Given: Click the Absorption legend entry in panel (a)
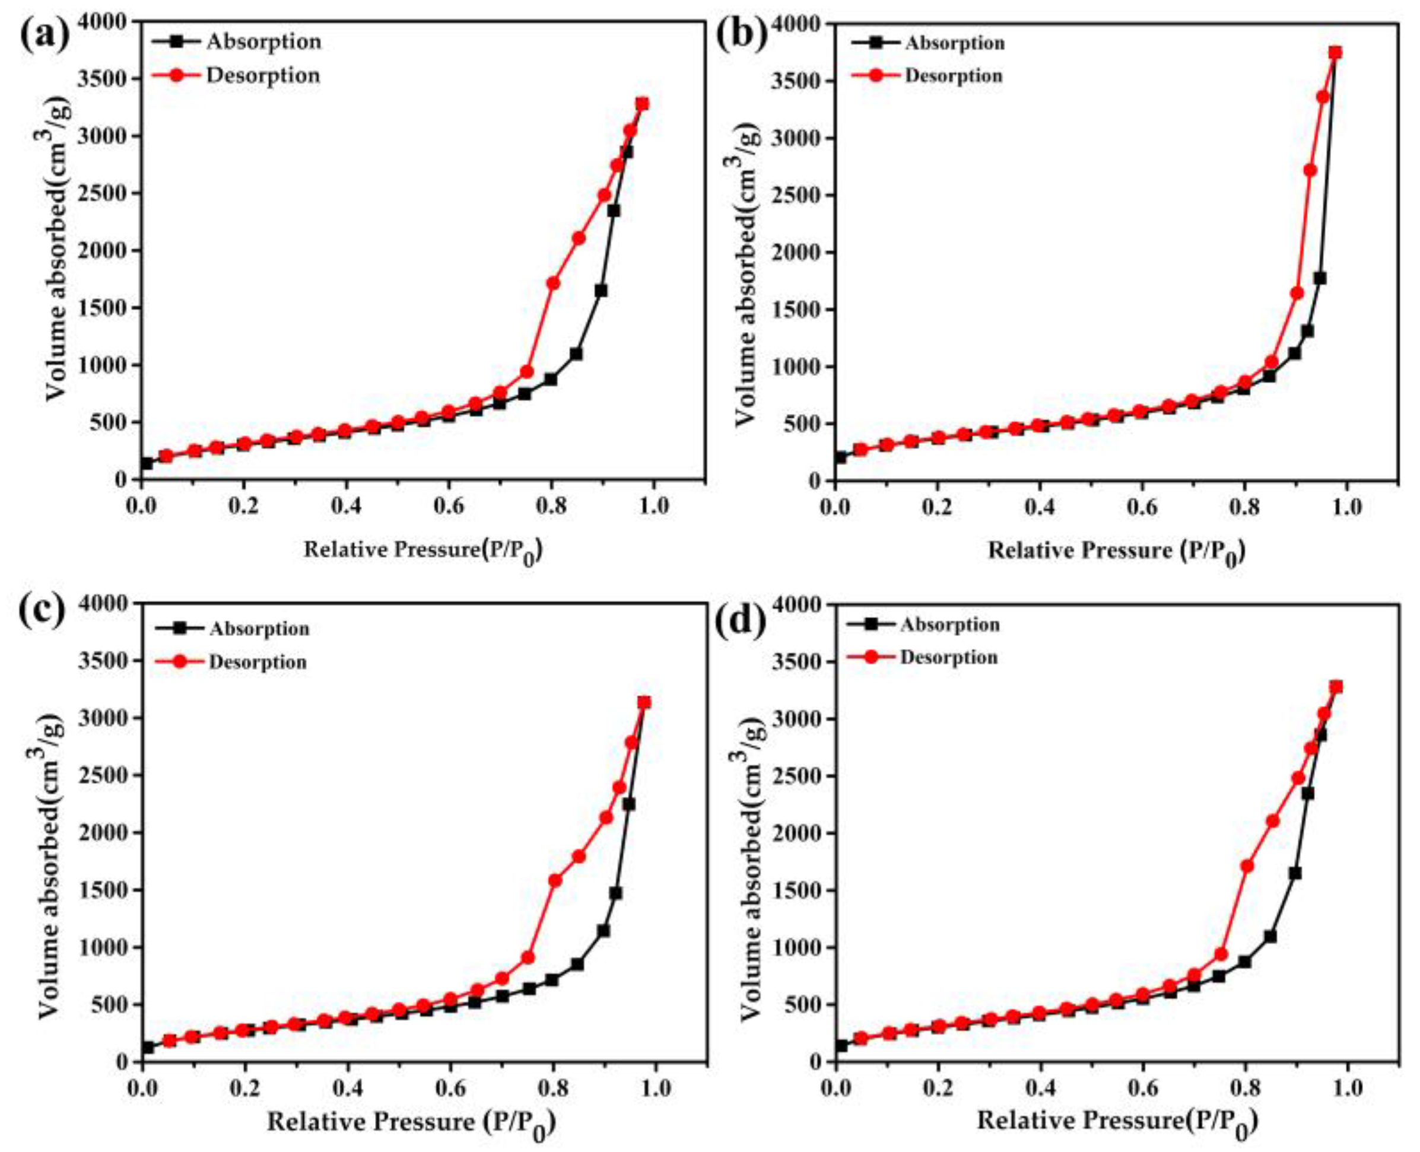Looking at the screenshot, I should (263, 42).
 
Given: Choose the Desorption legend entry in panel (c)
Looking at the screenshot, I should (258, 661).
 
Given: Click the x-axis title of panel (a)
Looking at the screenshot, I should (423, 550).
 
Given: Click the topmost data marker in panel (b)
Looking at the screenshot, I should (1330, 52).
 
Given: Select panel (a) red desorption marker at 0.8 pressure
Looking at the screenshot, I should (552, 283).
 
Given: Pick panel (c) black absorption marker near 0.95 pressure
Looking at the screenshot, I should (628, 804).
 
